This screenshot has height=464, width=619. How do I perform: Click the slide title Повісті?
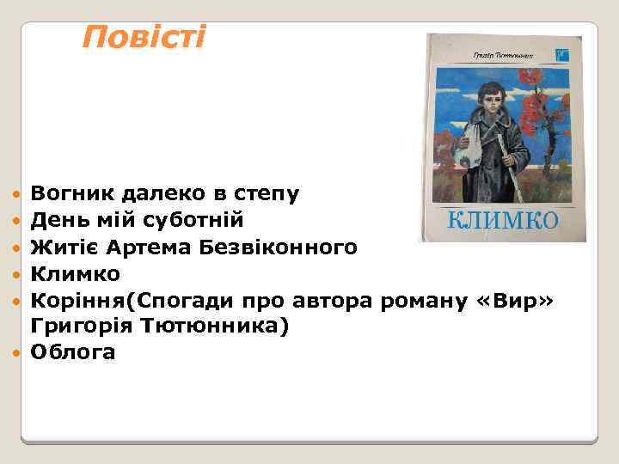[x=144, y=37]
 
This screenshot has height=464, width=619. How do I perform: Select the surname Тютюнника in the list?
[x=202, y=327]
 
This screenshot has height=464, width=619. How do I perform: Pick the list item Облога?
[x=72, y=352]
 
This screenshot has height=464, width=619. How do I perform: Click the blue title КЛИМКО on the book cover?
[x=503, y=220]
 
